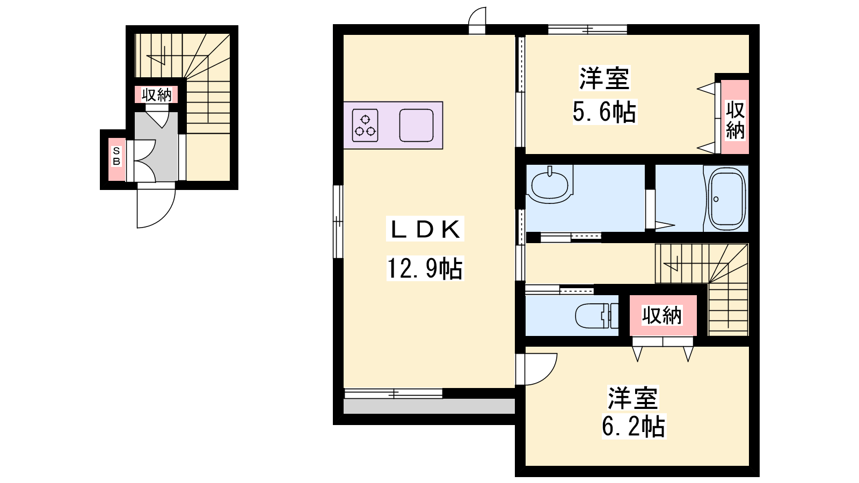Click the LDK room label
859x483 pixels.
click(425, 229)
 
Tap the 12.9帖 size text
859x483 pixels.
click(425, 268)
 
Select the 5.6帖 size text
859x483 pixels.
click(605, 112)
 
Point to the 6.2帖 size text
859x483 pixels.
click(634, 426)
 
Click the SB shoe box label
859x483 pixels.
click(116, 156)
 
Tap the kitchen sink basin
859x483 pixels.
click(416, 126)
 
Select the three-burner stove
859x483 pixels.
click(365, 126)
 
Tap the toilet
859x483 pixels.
click(596, 316)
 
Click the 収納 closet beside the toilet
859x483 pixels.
click(663, 316)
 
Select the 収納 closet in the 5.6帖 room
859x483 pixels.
click(735, 117)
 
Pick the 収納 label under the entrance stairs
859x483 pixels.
click(156, 94)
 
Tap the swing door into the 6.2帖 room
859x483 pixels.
click(536, 369)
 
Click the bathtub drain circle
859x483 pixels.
click(716, 199)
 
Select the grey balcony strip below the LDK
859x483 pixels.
click(429, 406)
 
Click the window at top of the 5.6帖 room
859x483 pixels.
click(587, 29)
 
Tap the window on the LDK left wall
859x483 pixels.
click(338, 222)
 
